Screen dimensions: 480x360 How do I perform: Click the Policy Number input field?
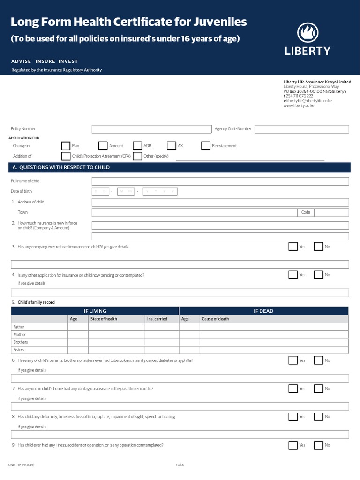151,129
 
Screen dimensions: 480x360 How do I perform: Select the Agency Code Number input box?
301,129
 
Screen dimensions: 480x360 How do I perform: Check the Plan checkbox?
66,146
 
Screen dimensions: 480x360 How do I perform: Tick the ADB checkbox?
137,146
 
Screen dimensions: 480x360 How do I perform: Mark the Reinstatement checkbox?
206,146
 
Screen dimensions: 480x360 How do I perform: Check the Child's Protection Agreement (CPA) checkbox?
66,156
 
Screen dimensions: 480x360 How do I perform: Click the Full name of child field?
220,181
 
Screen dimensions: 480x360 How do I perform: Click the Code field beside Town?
331,212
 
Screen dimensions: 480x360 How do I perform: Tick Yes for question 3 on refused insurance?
293,247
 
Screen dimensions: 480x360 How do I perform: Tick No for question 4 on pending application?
318,275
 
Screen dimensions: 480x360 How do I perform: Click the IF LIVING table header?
95,311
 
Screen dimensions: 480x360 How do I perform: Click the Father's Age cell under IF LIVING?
78,327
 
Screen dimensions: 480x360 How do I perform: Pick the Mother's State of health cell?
116,335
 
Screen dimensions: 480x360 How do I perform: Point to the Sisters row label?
19,350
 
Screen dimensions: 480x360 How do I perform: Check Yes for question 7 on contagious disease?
293,389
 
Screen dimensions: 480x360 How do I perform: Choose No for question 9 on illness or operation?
318,445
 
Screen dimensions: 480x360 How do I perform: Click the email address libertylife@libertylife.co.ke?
309,101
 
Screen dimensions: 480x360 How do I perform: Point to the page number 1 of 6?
180,465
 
